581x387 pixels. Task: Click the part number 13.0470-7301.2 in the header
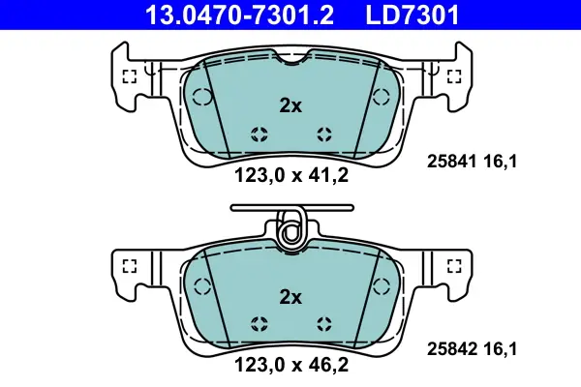click(240, 15)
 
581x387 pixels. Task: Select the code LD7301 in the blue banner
click(413, 15)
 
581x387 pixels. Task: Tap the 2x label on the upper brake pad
click(290, 105)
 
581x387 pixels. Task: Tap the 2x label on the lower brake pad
click(290, 297)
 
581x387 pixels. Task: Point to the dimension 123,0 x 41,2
click(291, 175)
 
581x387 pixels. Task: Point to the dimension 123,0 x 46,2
click(291, 365)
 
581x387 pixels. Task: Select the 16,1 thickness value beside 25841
click(501, 162)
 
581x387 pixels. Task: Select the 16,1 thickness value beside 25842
click(501, 349)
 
